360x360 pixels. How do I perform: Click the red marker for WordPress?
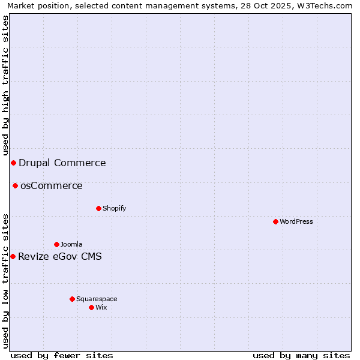[x=275, y=221]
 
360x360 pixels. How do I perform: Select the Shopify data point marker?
[x=98, y=208]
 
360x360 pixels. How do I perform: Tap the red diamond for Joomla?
[x=56, y=244]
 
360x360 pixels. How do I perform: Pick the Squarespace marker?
[x=72, y=299]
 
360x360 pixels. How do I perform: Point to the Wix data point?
[x=91, y=307]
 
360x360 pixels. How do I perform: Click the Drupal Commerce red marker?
[x=13, y=163]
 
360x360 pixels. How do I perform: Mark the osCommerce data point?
[x=15, y=185]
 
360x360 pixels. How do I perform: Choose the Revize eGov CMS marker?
[x=13, y=256]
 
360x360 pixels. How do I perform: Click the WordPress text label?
[x=296, y=221]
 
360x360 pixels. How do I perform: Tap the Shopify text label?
[x=114, y=208]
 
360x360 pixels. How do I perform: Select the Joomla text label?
[x=71, y=244]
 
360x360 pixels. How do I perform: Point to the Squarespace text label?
[x=97, y=299]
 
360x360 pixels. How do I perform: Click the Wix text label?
[x=101, y=307]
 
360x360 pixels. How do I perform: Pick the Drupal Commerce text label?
[x=62, y=163]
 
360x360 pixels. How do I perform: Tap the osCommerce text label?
[x=51, y=185]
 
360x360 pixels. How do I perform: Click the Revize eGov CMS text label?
[x=60, y=257]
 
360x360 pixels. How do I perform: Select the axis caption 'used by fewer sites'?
[x=62, y=355]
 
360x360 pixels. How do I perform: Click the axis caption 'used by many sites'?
[x=301, y=355]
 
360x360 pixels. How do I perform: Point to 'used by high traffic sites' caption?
[x=5, y=86]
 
